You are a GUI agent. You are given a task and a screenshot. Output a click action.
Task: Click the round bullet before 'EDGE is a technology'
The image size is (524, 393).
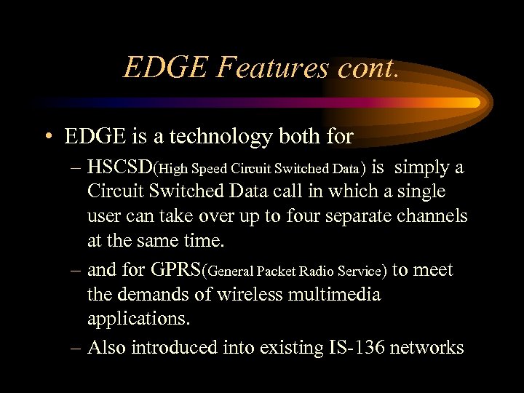point(47,137)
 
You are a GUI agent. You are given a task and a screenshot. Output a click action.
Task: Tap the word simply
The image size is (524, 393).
point(424,168)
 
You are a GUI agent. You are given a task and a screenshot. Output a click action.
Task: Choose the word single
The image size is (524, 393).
point(418,191)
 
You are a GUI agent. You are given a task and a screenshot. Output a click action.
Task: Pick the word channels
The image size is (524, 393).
point(433,216)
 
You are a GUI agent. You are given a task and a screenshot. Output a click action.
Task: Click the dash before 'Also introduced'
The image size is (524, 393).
point(76,347)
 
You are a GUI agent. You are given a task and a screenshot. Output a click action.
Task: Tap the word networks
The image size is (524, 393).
point(426,347)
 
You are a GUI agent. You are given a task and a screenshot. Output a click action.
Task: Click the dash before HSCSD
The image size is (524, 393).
point(76,168)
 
